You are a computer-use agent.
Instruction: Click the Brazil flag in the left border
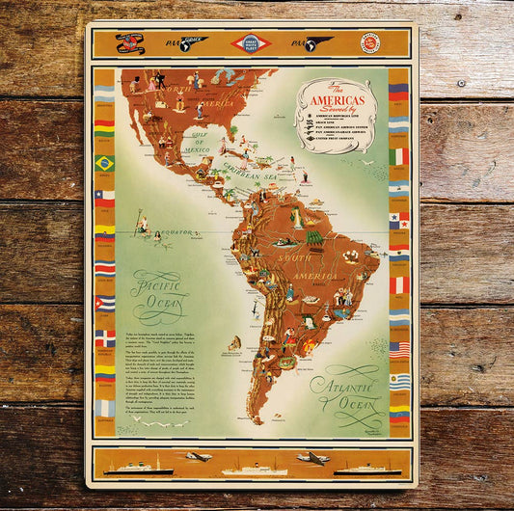104,163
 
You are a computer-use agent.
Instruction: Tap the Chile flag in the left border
104,198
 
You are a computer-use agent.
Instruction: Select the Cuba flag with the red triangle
104,303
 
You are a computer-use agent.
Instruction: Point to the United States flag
399,349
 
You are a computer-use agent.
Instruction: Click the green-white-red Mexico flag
399,156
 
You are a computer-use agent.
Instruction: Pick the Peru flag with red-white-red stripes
399,284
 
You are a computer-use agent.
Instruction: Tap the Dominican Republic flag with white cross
104,338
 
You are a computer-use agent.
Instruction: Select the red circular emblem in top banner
369,42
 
